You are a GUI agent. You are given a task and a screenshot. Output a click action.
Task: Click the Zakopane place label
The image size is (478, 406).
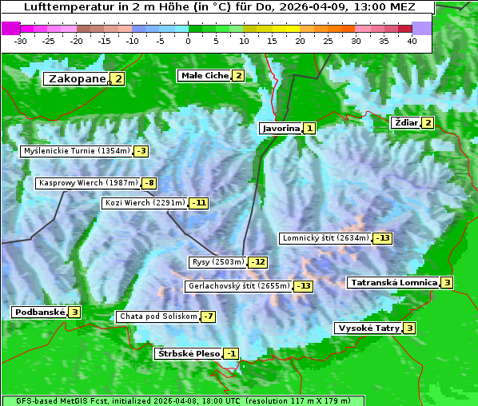point(77,78)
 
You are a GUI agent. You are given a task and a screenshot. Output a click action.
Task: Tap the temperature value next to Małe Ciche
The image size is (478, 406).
point(238,76)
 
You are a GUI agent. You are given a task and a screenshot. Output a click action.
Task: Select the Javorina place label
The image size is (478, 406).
point(281,128)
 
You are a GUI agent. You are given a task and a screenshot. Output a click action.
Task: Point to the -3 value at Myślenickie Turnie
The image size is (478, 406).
point(141,150)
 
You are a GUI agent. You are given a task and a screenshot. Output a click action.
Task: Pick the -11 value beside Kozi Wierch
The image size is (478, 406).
point(198,203)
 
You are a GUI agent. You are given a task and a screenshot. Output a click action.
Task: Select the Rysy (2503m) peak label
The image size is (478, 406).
point(217,262)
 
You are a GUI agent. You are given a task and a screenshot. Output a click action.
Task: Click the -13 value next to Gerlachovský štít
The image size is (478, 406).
point(304,286)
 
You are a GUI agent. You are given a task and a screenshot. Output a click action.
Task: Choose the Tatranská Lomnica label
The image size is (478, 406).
point(393,282)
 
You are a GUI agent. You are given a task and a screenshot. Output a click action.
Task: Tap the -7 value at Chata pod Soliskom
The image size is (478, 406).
point(208,316)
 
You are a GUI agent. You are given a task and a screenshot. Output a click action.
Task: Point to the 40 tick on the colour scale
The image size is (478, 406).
point(412,41)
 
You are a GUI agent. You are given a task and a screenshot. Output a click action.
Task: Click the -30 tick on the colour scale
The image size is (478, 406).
point(21,41)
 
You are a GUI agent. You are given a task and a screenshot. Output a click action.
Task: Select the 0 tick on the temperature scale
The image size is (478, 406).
point(188,41)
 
